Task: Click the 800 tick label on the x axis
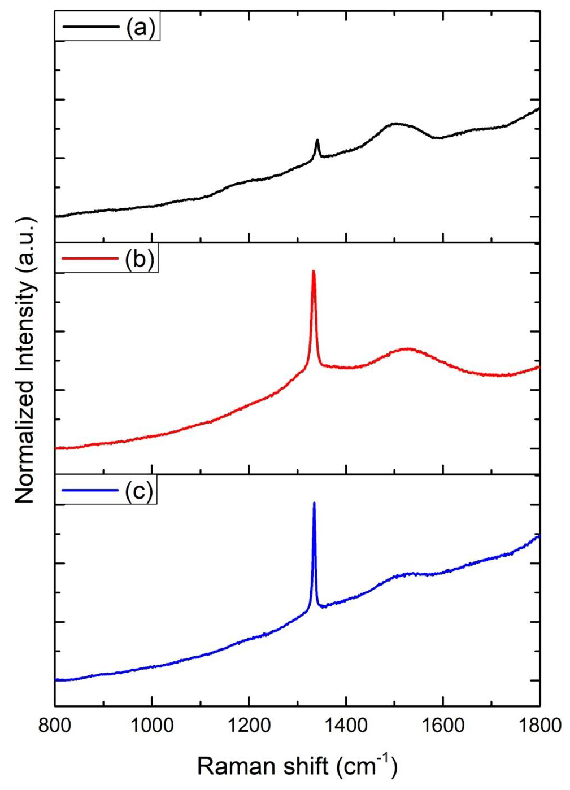(x=55, y=725)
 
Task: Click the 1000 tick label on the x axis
(x=152, y=725)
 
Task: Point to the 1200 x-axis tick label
(x=249, y=725)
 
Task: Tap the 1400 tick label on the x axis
(x=346, y=725)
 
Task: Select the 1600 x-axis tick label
(x=443, y=725)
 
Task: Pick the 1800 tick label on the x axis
(x=539, y=725)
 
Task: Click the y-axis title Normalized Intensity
(x=25, y=360)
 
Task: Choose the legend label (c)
(x=139, y=491)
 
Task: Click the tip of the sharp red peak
(x=314, y=272)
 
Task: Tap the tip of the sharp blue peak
(x=314, y=503)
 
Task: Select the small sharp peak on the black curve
(x=317, y=140)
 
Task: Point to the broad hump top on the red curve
(x=407, y=349)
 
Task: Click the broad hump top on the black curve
(x=395, y=124)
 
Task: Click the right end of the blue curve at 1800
(x=539, y=535)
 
